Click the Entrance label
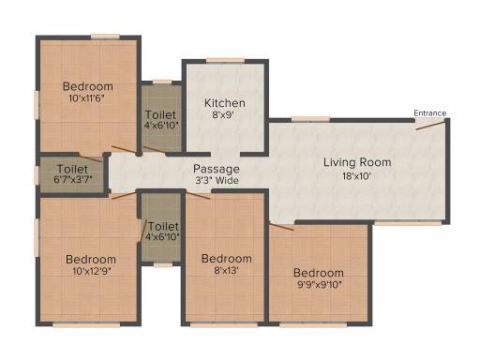pos(429,113)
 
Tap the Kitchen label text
pos(225,103)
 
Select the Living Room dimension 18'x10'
pos(356,176)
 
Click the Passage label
pos(217,169)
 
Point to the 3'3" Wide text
pos(217,180)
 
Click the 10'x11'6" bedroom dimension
pos(86,98)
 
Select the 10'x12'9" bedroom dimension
pos(92,271)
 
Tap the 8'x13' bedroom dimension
pos(227,270)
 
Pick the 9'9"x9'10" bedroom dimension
pos(319,285)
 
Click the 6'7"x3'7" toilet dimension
pos(73,180)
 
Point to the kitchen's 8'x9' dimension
pos(223,115)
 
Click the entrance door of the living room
pos(430,126)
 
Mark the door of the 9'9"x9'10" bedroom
pos(282,227)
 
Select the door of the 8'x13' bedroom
pos(198,194)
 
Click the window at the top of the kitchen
pos(225,61)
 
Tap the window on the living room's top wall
pos(310,119)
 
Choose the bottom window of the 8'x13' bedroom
pos(224,325)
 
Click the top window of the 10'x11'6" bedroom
pos(105,37)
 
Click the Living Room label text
pos(357,162)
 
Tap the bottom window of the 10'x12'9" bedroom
pos(86,325)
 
